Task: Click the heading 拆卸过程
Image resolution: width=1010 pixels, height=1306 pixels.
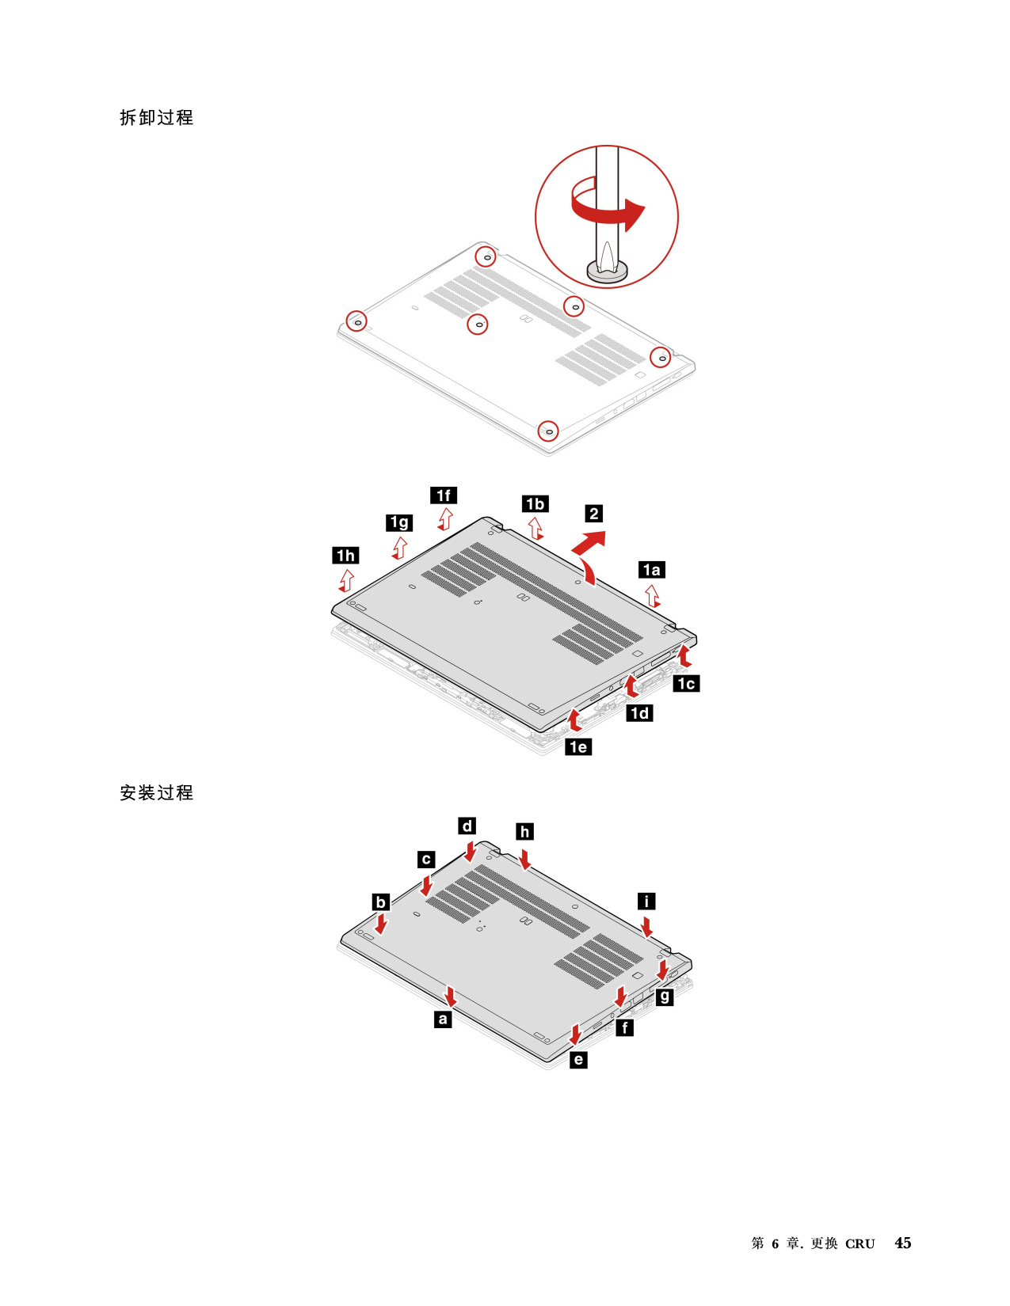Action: (x=156, y=117)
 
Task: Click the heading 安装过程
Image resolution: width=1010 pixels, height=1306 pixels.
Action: (x=156, y=793)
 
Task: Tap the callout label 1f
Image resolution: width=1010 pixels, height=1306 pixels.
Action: (x=444, y=495)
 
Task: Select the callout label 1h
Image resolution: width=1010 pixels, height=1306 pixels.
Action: (x=345, y=556)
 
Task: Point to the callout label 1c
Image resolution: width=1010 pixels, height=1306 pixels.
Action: (x=686, y=683)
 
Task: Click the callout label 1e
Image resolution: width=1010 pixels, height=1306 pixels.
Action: (x=578, y=747)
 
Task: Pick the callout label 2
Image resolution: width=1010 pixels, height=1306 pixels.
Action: (x=594, y=513)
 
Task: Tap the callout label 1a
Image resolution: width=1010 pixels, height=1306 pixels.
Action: (x=651, y=570)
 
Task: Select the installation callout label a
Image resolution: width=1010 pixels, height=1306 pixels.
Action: (x=443, y=1019)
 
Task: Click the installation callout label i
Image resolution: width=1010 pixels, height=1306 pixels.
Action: (x=646, y=901)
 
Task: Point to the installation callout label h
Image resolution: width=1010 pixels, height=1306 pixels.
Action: (x=524, y=831)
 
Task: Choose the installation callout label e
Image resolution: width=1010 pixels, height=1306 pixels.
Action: (x=578, y=1059)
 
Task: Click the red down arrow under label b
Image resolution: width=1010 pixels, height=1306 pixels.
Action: (x=381, y=923)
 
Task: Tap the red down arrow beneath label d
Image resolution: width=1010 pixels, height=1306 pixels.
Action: (x=471, y=851)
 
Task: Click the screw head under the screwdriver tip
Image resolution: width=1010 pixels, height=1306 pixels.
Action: (x=607, y=271)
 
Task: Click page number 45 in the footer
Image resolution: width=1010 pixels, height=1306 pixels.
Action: (x=902, y=1243)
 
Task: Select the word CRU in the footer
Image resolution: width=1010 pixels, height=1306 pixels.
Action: (x=859, y=1243)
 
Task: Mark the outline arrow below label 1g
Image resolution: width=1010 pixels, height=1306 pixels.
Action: (x=399, y=548)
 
